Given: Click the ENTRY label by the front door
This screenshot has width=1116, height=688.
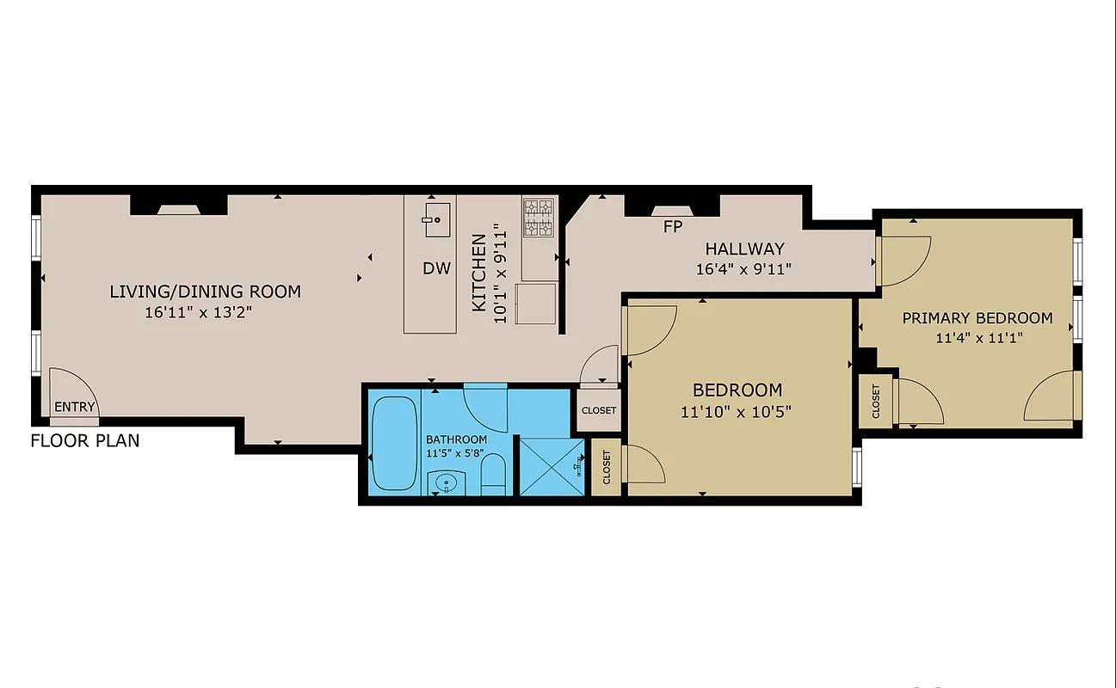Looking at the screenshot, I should tap(75, 407).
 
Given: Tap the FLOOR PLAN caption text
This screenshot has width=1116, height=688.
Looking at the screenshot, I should tap(85, 442).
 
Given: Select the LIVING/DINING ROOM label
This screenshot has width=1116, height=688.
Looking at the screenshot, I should tap(205, 292).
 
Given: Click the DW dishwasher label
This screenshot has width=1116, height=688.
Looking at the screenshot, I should tap(436, 268).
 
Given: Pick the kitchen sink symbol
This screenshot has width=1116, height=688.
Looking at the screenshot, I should tap(436, 218).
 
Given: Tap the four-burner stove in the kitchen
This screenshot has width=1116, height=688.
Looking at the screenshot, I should tap(540, 218).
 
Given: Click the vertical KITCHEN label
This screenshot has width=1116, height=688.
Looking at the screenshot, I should tap(479, 273).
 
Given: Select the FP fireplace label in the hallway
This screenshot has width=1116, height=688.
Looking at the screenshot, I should tap(673, 228).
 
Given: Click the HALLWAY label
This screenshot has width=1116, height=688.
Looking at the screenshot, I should tap(744, 249).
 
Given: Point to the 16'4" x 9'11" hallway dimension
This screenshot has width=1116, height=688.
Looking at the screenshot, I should tap(743, 269).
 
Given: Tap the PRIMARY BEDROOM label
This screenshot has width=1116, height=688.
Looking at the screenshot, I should tap(977, 318).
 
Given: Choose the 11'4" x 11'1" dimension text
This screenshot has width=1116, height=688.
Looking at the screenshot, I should tap(977, 338).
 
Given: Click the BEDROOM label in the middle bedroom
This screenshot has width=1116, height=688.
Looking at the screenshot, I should tap(737, 390).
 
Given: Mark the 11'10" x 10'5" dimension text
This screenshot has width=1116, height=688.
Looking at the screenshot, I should tap(736, 412).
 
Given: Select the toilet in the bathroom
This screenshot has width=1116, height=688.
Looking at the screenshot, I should tap(493, 476).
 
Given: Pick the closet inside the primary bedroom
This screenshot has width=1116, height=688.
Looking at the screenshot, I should tap(876, 400).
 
